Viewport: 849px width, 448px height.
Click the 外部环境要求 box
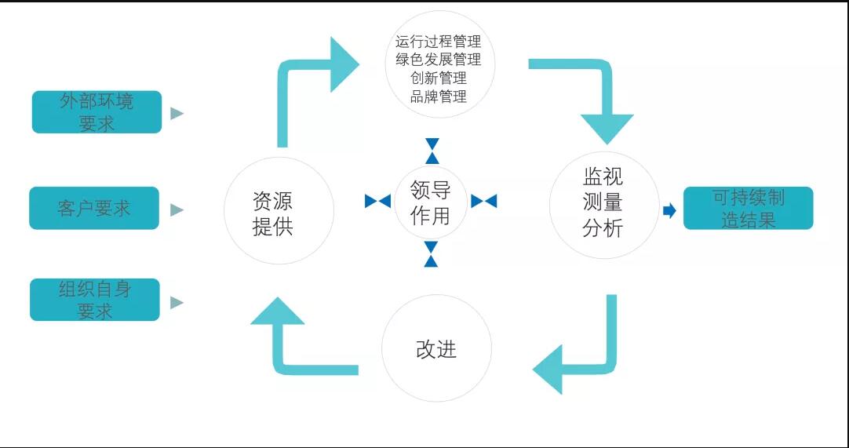[x=97, y=112]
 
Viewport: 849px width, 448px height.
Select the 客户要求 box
[x=94, y=208]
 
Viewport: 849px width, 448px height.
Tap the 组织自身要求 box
[x=95, y=300]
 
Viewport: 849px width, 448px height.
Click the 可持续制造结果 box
[x=748, y=208]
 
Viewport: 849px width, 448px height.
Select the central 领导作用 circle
[x=430, y=202]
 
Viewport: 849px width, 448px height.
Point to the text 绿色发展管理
[x=438, y=60]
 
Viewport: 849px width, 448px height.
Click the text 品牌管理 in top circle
[x=438, y=97]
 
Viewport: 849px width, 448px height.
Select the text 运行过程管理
[x=438, y=41]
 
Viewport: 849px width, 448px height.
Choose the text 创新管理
[x=438, y=78]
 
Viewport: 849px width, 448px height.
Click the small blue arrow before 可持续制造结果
[x=669, y=210]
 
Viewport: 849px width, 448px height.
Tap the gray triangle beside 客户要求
[x=177, y=209]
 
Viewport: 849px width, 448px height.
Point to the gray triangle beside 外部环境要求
[x=177, y=113]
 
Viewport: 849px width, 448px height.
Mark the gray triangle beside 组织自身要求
[x=177, y=302]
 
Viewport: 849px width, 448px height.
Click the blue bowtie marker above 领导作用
[x=432, y=151]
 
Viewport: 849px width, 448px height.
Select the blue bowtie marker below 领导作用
[x=431, y=254]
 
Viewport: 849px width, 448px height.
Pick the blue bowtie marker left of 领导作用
[x=377, y=201]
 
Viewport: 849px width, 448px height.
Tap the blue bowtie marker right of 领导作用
[x=483, y=201]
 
